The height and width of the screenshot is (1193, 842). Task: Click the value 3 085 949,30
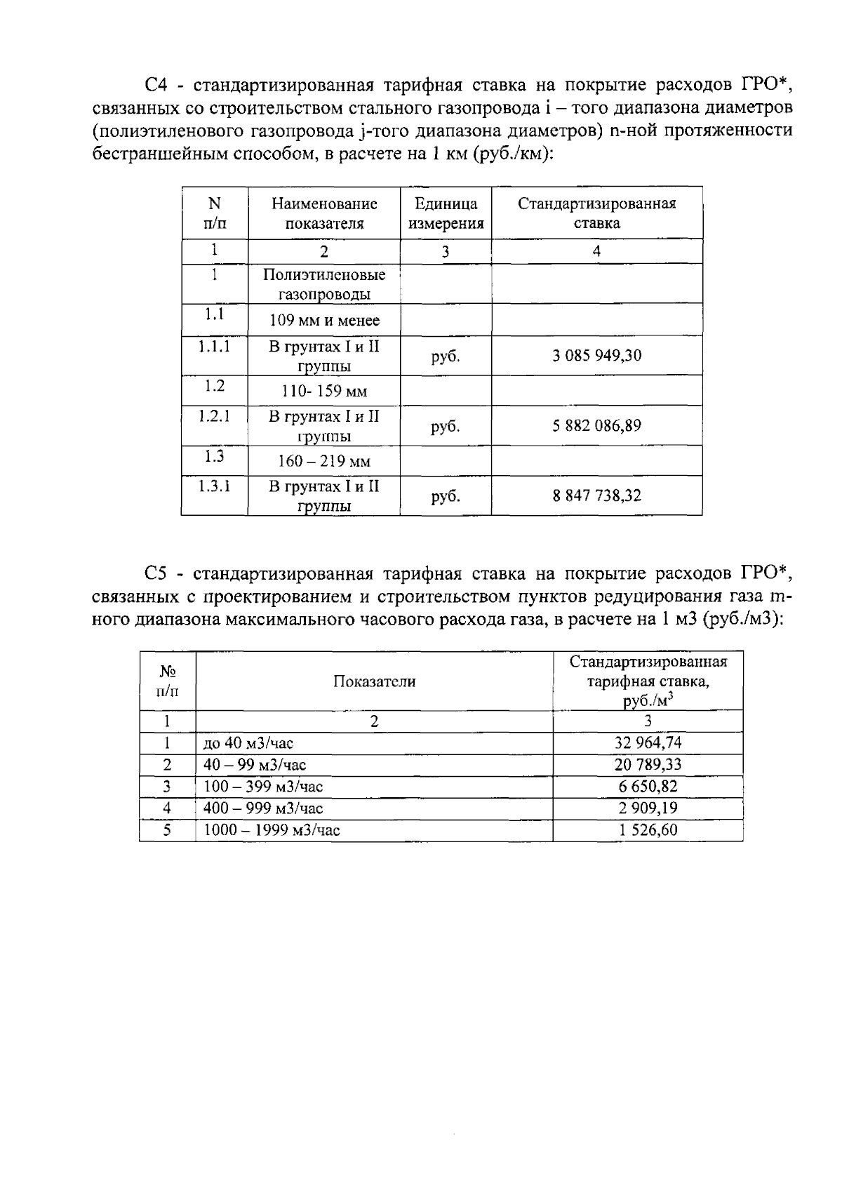[x=596, y=356]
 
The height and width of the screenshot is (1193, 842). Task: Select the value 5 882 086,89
[x=596, y=426]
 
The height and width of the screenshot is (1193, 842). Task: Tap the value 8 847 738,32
[x=596, y=496]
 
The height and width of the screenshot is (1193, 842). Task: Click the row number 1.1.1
[x=214, y=346]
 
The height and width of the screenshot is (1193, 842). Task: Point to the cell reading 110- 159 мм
[x=324, y=392]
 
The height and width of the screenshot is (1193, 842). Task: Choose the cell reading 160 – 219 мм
[x=324, y=462]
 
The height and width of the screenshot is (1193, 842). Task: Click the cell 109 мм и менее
[x=324, y=321]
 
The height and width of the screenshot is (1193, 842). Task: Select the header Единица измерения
[x=446, y=213]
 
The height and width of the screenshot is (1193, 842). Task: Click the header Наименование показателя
[x=324, y=213]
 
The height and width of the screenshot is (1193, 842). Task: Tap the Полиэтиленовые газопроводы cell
[x=324, y=284]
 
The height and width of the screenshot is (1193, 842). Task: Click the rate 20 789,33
[x=648, y=765]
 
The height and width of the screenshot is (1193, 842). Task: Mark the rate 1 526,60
[x=648, y=830]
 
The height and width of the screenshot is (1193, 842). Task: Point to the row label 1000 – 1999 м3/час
[x=272, y=830]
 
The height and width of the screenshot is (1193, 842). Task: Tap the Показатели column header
[x=374, y=681]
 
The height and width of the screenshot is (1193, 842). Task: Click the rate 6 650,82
[x=648, y=787]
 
